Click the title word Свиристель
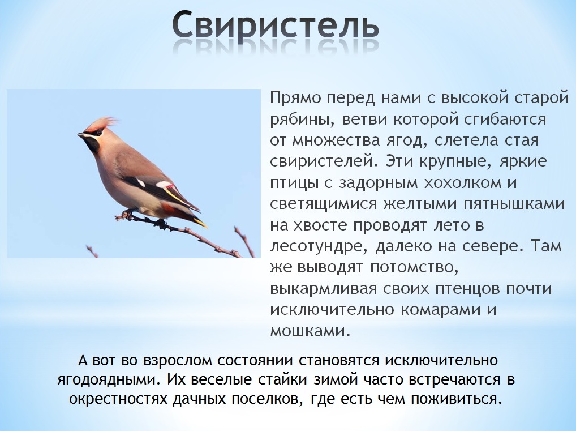275,26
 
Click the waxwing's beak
81,135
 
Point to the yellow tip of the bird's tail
201,223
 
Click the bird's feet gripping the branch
128,215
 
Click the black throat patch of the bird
92,145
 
